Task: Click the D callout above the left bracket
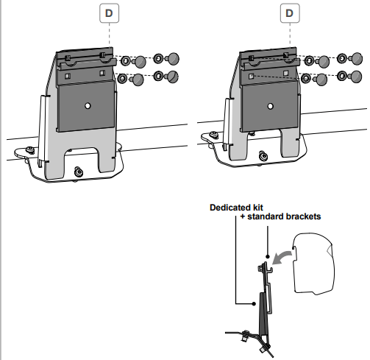[109, 13]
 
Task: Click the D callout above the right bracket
[290, 13]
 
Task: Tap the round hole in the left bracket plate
[88, 106]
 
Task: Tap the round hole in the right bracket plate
[271, 106]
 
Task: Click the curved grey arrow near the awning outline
[281, 258]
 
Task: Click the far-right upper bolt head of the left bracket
[173, 59]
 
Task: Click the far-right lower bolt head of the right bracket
[355, 77]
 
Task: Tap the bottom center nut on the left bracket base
[79, 172]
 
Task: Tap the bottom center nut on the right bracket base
[263, 156]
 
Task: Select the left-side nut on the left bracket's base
[31, 149]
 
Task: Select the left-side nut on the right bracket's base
[214, 135]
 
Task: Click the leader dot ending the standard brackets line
[268, 256]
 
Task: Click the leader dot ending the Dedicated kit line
[255, 304]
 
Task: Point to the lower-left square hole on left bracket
[67, 77]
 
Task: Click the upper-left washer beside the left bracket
[126, 60]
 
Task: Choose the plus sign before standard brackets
[243, 217]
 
